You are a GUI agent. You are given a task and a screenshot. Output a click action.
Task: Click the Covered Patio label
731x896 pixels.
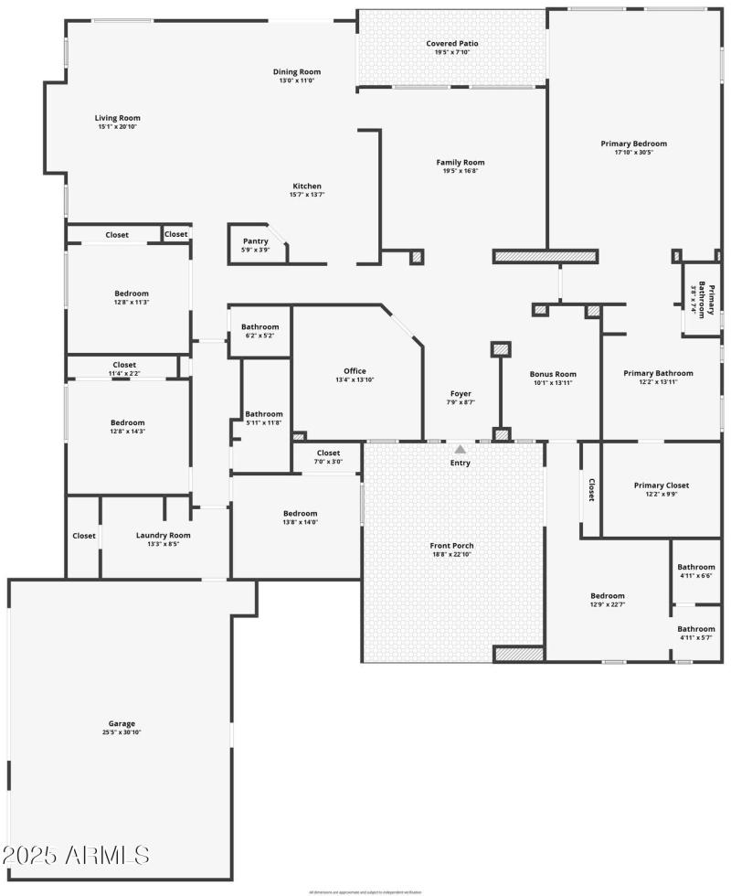pyautogui.click(x=451, y=43)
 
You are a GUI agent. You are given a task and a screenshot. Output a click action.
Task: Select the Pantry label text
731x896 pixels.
pyautogui.click(x=255, y=241)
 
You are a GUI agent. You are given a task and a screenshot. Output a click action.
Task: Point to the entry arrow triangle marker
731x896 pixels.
pyautogui.click(x=461, y=449)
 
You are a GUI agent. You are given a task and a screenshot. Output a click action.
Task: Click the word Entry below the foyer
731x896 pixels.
pyautogui.click(x=461, y=463)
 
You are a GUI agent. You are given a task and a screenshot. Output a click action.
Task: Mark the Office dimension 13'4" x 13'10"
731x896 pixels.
pyautogui.click(x=355, y=379)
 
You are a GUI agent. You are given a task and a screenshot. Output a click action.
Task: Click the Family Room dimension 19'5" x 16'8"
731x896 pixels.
pyautogui.click(x=460, y=171)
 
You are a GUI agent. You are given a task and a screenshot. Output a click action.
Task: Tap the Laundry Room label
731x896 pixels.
pyautogui.click(x=163, y=535)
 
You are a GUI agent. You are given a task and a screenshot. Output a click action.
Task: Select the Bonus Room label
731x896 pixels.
pyautogui.click(x=553, y=374)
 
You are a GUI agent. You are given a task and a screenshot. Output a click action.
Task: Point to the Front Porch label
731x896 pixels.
pyautogui.click(x=451, y=546)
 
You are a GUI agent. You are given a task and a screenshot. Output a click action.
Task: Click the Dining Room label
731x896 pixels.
pyautogui.click(x=297, y=71)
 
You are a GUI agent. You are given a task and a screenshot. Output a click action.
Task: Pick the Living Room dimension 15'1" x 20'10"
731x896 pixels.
pyautogui.click(x=118, y=126)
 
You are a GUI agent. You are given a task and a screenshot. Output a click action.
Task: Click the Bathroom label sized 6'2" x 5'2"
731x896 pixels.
pyautogui.click(x=260, y=326)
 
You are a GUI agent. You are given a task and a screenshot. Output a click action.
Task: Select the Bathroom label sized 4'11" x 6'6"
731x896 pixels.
pyautogui.click(x=695, y=567)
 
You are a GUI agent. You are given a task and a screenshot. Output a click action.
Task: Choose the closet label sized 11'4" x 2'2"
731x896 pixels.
pyautogui.click(x=123, y=365)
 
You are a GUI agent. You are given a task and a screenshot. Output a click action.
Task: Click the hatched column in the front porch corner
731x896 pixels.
pyautogui.click(x=519, y=654)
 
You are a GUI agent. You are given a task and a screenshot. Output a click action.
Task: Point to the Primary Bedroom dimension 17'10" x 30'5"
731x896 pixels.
pyautogui.click(x=633, y=152)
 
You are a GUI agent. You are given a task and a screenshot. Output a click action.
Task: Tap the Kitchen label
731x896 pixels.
pyautogui.click(x=306, y=186)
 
